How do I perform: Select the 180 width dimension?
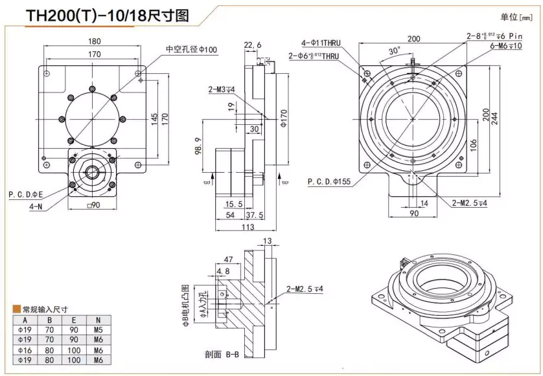95,42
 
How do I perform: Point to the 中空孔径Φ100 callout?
192,50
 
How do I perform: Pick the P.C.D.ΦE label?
26,194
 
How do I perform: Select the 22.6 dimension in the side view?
253,45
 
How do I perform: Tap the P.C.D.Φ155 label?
329,182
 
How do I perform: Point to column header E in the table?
76,319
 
